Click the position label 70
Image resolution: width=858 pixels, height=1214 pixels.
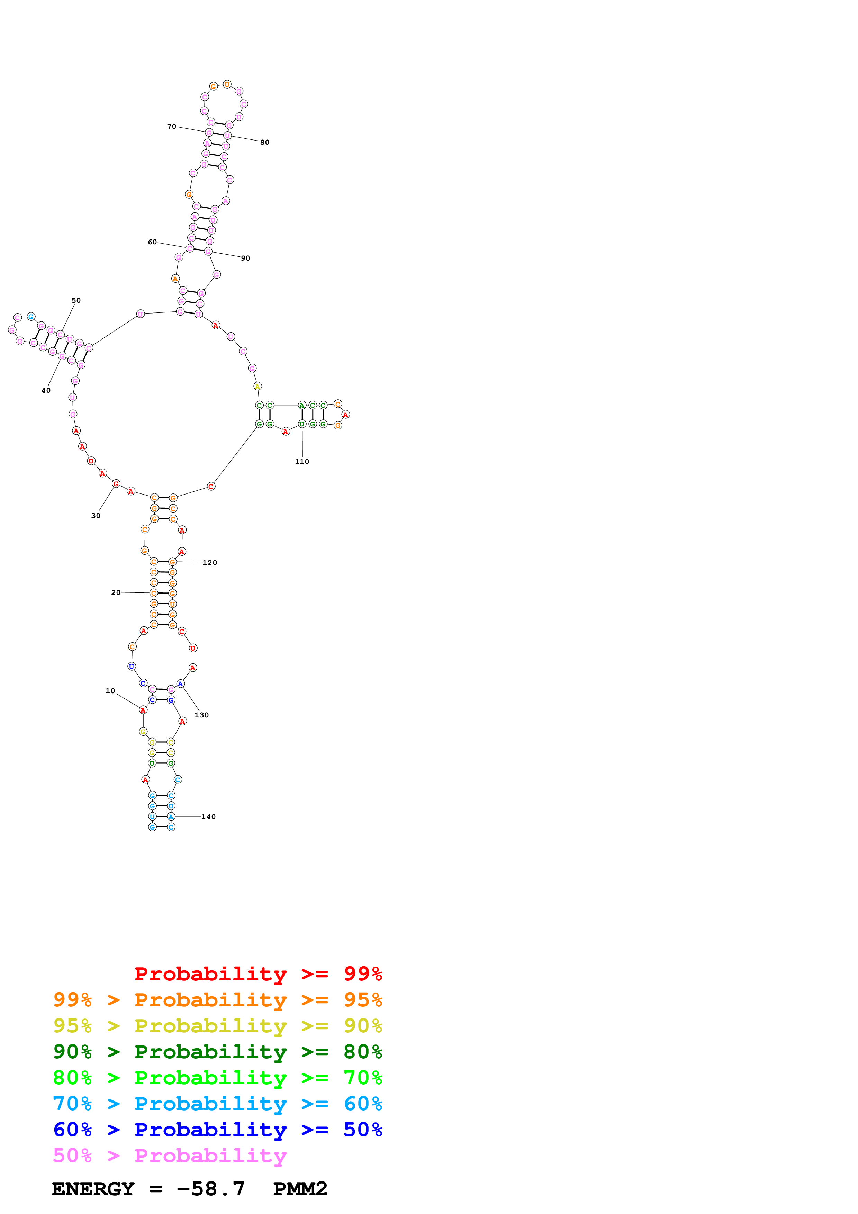[x=171, y=126]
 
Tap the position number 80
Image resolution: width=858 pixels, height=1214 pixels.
[x=264, y=142]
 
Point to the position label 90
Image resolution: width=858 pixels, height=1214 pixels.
[x=245, y=258]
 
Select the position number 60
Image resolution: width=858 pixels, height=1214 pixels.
[x=152, y=242]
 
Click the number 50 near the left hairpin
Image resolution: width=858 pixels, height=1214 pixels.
[x=76, y=300]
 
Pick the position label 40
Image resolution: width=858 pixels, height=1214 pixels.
[x=46, y=390]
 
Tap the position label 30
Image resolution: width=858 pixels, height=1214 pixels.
[x=96, y=516]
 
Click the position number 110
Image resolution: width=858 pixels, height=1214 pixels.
[x=302, y=462]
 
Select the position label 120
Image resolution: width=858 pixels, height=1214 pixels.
[x=209, y=563]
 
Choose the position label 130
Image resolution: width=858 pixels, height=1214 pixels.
[x=201, y=715]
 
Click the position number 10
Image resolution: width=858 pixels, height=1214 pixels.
[x=110, y=690]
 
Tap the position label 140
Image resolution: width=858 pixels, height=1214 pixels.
[x=208, y=817]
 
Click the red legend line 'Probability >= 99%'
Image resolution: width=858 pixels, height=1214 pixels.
[x=259, y=973]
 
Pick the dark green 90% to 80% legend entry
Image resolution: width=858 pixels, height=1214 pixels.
[x=218, y=1052]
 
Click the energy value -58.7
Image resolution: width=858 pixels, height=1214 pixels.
[x=210, y=1189]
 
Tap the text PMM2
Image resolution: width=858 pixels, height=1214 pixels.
[x=300, y=1189]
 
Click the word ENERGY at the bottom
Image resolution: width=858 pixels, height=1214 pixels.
[x=93, y=1189]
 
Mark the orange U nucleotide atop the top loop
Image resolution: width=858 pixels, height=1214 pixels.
[x=227, y=84]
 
